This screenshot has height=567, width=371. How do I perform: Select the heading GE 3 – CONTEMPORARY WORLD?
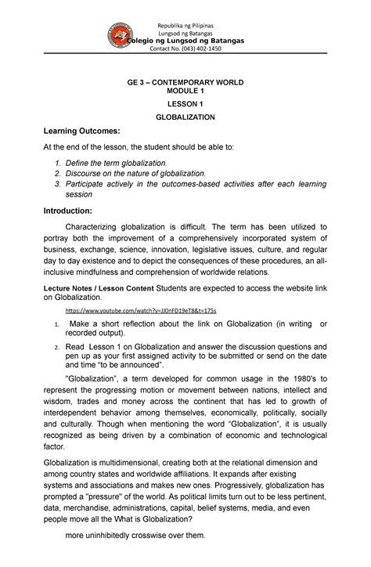(185, 82)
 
